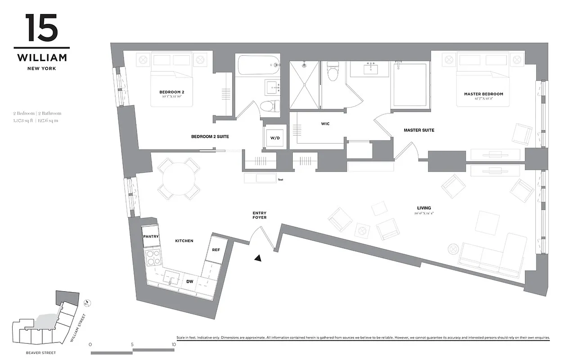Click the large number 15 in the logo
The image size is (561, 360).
click(x=41, y=28)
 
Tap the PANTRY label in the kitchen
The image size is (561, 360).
click(x=149, y=236)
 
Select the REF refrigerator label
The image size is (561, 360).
click(x=215, y=249)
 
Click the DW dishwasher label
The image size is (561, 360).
click(x=190, y=281)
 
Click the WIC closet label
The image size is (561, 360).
click(x=325, y=124)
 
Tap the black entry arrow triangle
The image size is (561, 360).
click(x=258, y=258)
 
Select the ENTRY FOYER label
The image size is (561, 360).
click(x=260, y=215)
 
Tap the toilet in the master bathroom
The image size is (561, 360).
click(x=332, y=72)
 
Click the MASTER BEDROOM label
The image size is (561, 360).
click(x=484, y=94)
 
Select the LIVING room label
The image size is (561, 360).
click(x=424, y=208)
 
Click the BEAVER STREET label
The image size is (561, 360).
click(x=41, y=353)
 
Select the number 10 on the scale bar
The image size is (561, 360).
click(x=174, y=344)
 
